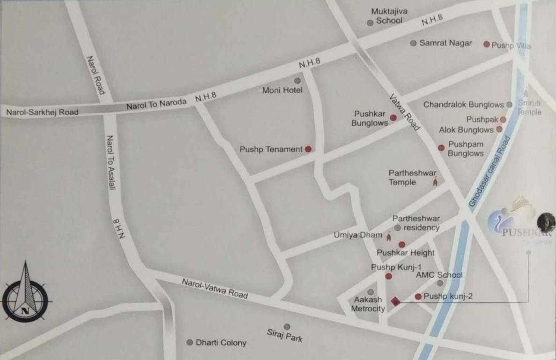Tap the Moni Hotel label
[x=282, y=90]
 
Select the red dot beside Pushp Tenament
[x=308, y=149]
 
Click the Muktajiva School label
[x=389, y=16]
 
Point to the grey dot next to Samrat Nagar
[x=413, y=43]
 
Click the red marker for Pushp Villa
[x=486, y=45]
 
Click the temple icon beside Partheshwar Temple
[x=435, y=182]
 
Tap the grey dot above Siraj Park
[x=287, y=327]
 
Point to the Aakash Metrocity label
[x=368, y=304]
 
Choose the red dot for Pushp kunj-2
[x=418, y=296]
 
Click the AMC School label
[x=439, y=275]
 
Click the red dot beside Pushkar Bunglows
[x=393, y=118]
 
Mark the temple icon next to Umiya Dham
[x=389, y=235]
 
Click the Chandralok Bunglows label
[x=463, y=105]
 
